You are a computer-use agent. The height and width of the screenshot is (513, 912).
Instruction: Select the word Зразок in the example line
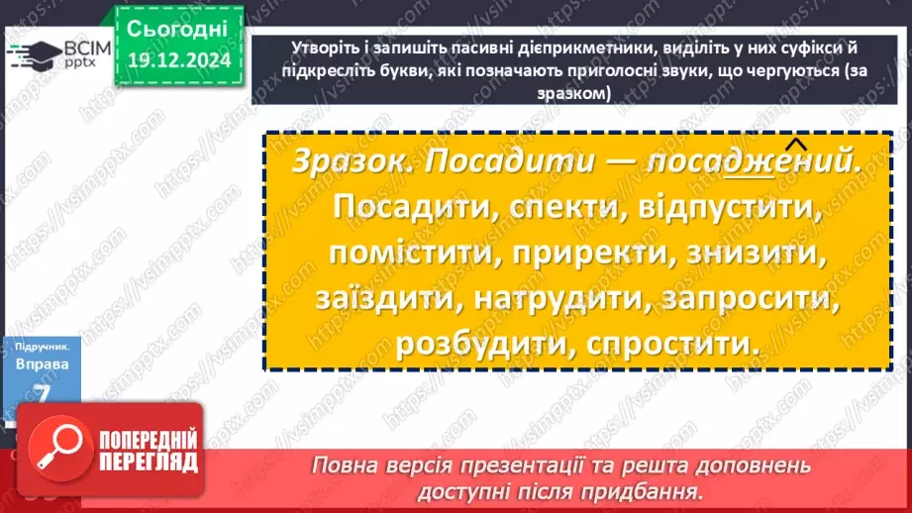click(x=341, y=162)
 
